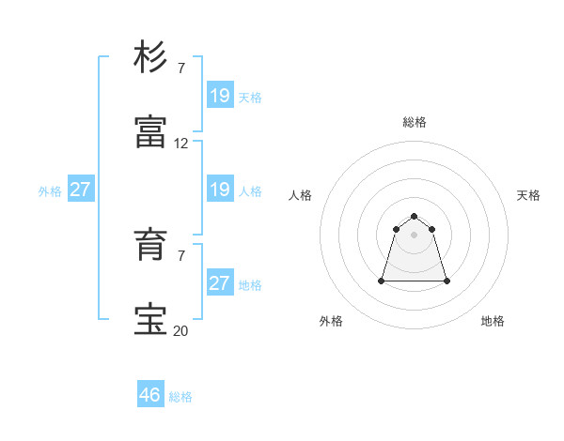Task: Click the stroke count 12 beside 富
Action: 181,144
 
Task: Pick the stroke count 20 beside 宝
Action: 181,330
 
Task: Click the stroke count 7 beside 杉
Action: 181,68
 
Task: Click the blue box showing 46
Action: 150,395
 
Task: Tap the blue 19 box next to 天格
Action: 220,96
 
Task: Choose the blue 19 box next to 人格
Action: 220,190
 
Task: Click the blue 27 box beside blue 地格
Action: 220,283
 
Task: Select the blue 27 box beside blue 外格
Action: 81,190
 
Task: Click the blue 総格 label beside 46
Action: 181,397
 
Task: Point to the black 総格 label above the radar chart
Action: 415,122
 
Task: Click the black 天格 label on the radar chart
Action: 529,195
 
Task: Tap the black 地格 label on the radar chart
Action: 493,321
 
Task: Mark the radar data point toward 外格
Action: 383,281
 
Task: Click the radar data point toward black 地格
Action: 446,281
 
